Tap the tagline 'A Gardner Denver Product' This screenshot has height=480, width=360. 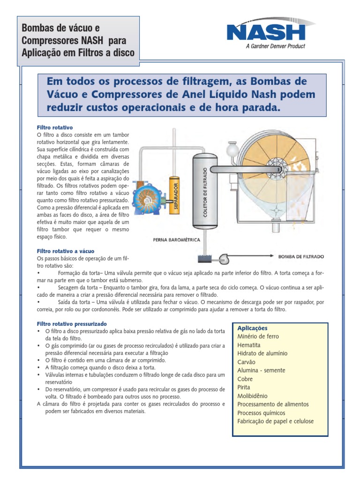point(275,46)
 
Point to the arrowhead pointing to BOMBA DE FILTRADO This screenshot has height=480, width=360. point(271,256)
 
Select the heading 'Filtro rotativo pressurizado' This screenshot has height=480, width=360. point(72,324)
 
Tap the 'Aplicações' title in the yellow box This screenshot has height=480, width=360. point(253,328)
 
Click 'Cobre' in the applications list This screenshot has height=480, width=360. point(245,379)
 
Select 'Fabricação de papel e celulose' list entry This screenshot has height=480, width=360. point(276,421)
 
